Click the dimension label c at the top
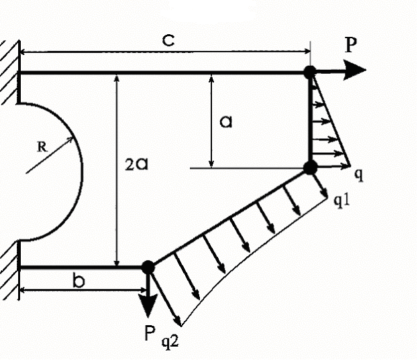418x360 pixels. click(169, 41)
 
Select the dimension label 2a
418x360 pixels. click(136, 164)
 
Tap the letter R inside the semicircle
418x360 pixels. click(42, 147)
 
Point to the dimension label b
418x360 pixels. click(79, 281)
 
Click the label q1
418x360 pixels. click(342, 200)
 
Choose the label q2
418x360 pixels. click(170, 342)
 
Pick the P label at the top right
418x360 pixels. click(350, 46)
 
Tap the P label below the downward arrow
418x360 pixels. click(150, 333)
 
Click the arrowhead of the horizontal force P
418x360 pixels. click(354, 70)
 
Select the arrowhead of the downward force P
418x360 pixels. click(148, 306)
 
